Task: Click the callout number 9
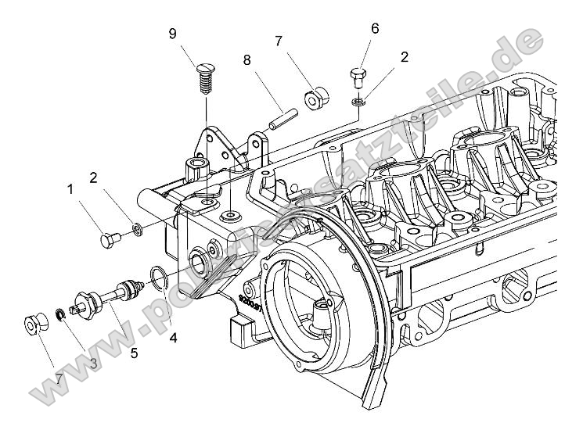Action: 172,33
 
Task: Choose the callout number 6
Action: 375,29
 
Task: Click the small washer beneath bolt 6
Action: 358,102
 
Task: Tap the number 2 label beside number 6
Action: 404,56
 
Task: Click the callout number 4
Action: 173,339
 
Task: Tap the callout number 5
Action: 134,353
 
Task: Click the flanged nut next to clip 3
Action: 35,323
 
